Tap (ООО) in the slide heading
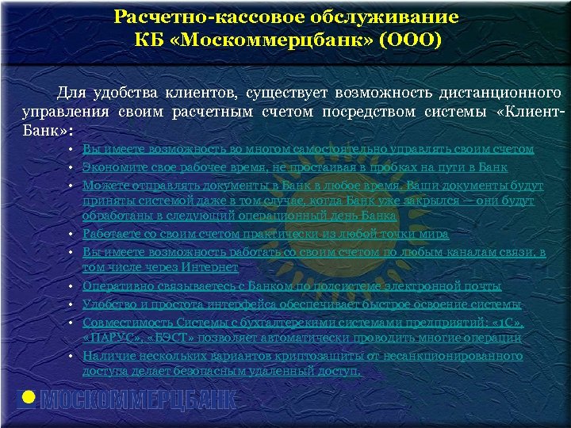click(410, 39)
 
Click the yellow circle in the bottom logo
click(28, 398)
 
